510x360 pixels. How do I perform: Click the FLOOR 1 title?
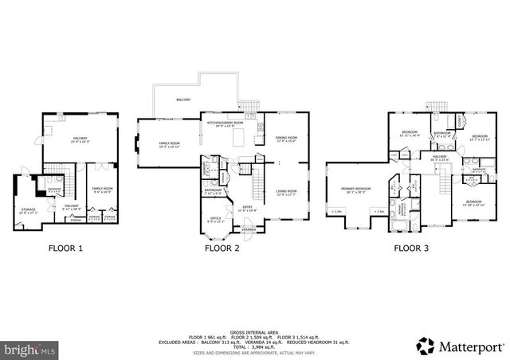(66, 248)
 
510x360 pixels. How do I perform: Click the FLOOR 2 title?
(222, 248)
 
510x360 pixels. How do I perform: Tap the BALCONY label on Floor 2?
(182, 100)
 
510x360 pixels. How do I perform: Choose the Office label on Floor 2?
(215, 219)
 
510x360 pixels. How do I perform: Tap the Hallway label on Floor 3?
(439, 158)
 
